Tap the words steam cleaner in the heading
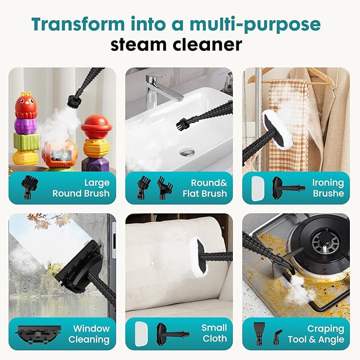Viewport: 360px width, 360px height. click(176, 45)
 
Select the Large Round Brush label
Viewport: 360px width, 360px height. click(81, 188)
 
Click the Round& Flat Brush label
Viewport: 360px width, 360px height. click(202, 188)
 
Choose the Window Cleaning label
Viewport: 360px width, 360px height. click(91, 334)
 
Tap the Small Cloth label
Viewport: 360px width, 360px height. click(214, 333)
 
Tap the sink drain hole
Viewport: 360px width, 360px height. click(186, 152)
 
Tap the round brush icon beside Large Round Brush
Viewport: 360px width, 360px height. click(27, 187)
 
